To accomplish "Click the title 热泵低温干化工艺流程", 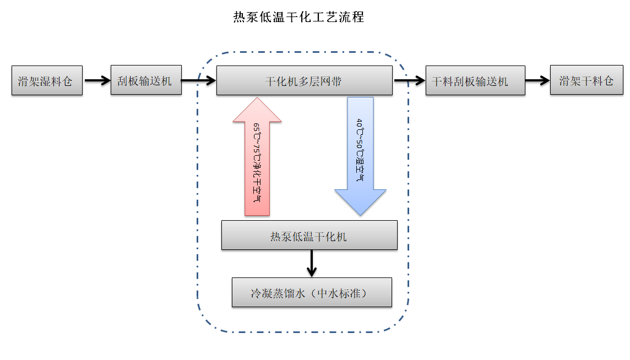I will (298, 17).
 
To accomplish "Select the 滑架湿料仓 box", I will (47, 81).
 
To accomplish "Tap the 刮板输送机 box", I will (146, 81).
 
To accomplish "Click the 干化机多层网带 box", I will (304, 81).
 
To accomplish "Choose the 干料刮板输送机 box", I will (475, 81).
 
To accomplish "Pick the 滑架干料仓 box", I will (586, 81).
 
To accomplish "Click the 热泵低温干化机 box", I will (309, 236).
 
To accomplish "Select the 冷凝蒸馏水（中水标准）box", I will (312, 292).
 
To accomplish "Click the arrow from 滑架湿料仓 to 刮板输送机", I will (97, 81).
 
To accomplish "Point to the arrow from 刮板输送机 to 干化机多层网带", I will (198, 81).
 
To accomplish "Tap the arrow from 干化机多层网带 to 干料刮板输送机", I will (409, 81).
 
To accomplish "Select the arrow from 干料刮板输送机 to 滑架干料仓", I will (537, 81).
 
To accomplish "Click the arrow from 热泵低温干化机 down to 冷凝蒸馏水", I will (312, 263).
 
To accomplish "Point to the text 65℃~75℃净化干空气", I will (257, 163).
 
